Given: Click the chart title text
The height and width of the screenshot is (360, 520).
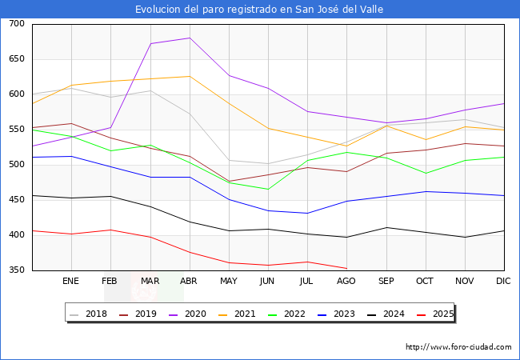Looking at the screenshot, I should point(259,10).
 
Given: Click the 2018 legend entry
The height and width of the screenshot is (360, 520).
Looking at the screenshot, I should point(90,314).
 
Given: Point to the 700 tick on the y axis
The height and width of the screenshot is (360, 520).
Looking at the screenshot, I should point(17,24).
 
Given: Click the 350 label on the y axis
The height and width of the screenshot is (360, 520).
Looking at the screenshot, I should point(17,270).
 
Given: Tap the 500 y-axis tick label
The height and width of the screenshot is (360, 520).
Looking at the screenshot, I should point(17,165).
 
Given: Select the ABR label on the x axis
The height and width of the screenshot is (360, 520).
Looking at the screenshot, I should point(188,281).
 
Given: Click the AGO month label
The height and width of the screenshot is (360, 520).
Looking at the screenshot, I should point(346,281).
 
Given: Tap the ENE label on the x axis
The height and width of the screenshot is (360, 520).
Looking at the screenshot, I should point(71,281).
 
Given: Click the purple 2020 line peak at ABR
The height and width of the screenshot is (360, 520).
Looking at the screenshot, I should point(189,38).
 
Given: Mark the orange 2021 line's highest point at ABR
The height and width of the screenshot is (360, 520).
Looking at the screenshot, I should point(189,77).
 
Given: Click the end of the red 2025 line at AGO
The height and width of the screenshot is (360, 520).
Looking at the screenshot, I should point(346,268).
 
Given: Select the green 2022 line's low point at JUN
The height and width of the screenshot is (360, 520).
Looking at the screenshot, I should point(267,190).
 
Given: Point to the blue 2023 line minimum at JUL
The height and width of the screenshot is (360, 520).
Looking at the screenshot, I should point(306,213).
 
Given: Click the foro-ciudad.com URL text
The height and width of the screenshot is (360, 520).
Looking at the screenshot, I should point(458,347).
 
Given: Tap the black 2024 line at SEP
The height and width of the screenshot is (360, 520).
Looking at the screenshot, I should point(386,227).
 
